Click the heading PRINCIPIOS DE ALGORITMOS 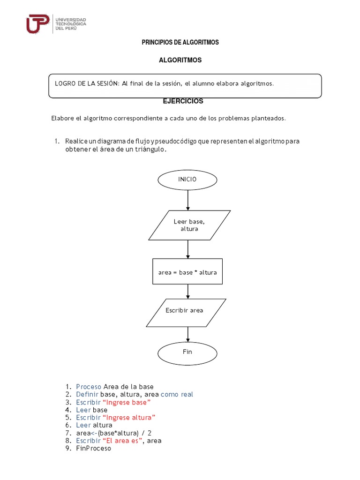(x=180, y=43)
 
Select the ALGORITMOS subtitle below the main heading (x=180, y=60)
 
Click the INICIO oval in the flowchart (x=187, y=180)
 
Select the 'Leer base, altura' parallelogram (x=189, y=225)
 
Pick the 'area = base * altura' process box (x=187, y=272)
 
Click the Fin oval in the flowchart (x=187, y=353)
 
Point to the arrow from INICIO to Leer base (x=188, y=200)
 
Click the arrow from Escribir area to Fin (x=188, y=334)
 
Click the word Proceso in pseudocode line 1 (x=89, y=387)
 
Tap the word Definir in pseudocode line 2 (x=87, y=395)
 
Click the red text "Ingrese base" (x=127, y=402)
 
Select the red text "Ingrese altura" (x=129, y=418)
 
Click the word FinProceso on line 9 (x=94, y=449)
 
